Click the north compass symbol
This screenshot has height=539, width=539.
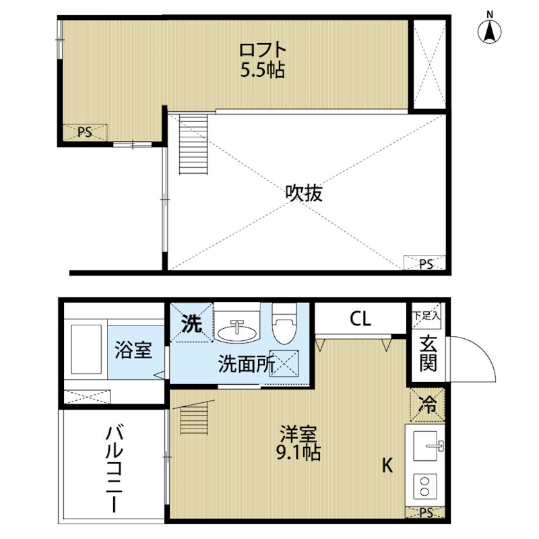tap(490, 32)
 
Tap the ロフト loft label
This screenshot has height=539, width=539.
tap(263, 50)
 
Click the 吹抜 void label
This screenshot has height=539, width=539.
tap(304, 193)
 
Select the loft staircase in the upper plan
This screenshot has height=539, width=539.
tap(193, 144)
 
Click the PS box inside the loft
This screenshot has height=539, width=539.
tap(86, 132)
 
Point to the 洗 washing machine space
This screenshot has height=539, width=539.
tap(192, 323)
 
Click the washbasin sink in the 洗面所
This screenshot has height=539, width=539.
tap(237, 332)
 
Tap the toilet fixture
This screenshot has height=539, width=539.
tap(284, 323)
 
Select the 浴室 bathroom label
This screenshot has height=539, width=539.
tap(133, 350)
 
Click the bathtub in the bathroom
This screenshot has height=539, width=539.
tap(86, 349)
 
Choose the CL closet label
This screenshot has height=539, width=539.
tap(360, 319)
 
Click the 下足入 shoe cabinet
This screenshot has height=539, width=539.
tap(426, 315)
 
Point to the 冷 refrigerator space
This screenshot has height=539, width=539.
tap(427, 405)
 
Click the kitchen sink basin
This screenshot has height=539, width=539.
tap(425, 446)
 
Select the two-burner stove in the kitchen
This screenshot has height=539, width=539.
tap(425, 486)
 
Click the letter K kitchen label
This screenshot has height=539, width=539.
tap(387, 466)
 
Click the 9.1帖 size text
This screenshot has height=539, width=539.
tap(298, 452)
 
